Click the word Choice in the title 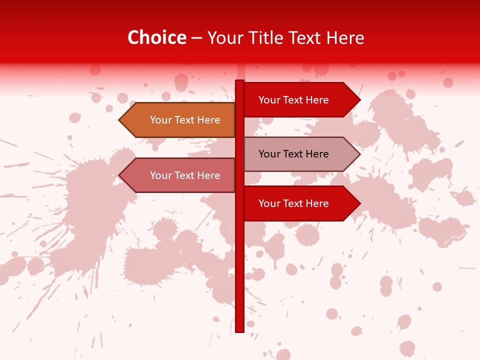[156, 38]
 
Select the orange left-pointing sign [180, 120]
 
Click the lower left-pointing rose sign [180, 175]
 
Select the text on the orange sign [185, 120]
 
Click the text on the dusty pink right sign [293, 154]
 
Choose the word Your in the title [224, 38]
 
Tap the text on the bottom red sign [293, 203]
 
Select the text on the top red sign [293, 100]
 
